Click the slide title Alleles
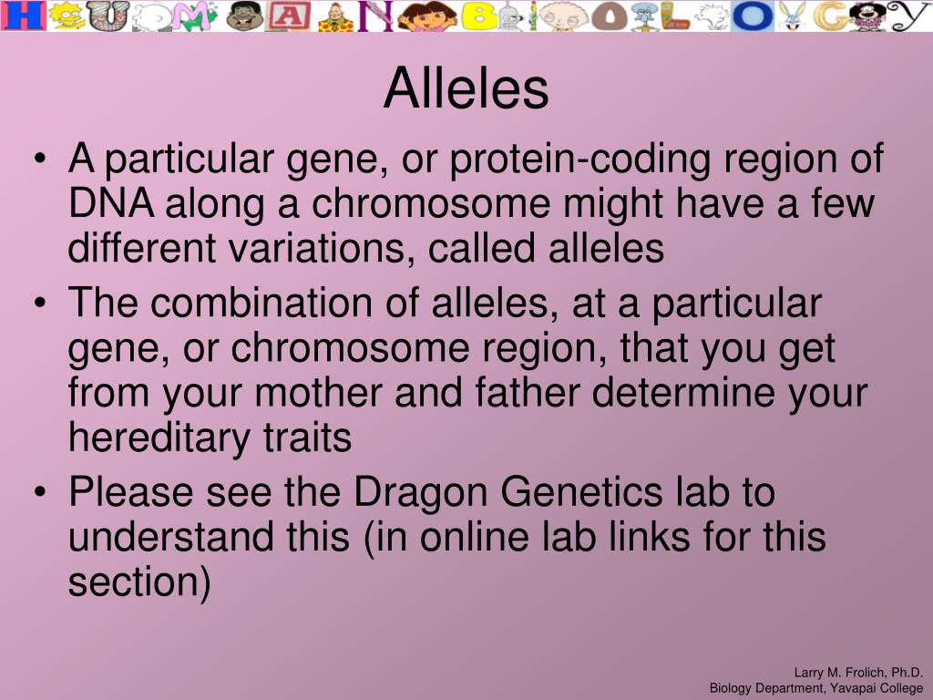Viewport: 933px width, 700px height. point(466,88)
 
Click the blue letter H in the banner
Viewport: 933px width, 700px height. point(23,15)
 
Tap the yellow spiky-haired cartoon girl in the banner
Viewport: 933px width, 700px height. point(67,15)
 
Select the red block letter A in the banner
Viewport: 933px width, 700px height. point(289,16)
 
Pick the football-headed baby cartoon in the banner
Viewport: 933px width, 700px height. point(563,16)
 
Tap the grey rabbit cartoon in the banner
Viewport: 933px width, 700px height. point(792,16)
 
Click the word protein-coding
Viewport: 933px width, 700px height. point(579,160)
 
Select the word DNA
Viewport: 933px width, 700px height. point(111,203)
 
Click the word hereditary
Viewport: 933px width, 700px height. point(159,438)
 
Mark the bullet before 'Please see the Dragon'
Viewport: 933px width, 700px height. point(40,492)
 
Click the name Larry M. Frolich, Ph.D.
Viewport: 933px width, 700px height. point(858,673)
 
